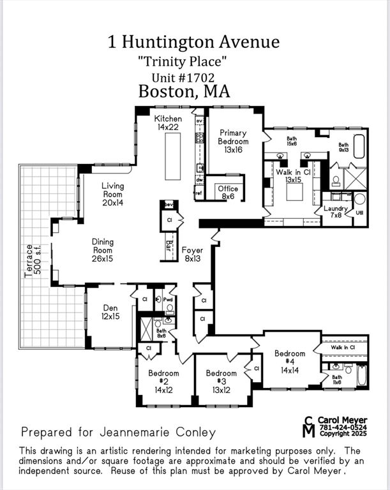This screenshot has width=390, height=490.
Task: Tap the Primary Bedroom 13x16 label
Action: (234, 141)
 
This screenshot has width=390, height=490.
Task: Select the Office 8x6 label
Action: (228, 193)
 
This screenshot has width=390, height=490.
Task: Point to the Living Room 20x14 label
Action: (113, 195)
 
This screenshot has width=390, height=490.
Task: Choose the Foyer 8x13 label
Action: (192, 255)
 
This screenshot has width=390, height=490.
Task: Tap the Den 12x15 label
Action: (110, 311)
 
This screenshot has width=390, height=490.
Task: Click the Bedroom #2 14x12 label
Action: (163, 382)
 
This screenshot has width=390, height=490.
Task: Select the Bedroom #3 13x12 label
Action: (221, 382)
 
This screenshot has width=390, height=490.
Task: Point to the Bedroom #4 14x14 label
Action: (290, 362)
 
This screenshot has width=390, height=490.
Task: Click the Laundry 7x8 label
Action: (335, 212)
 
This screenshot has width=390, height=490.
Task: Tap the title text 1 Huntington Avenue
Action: (194, 42)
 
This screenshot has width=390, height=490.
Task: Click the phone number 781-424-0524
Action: (343, 427)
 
